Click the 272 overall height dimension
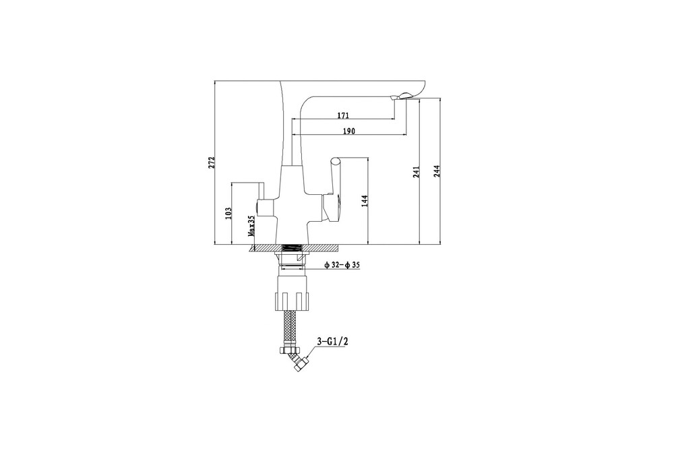point(211,162)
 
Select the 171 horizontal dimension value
point(343,115)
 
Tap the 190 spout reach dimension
point(349,131)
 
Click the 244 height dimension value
point(436,171)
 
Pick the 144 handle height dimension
point(365,201)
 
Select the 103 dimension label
point(228,212)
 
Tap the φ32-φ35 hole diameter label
point(342,266)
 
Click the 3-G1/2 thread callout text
point(332,342)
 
